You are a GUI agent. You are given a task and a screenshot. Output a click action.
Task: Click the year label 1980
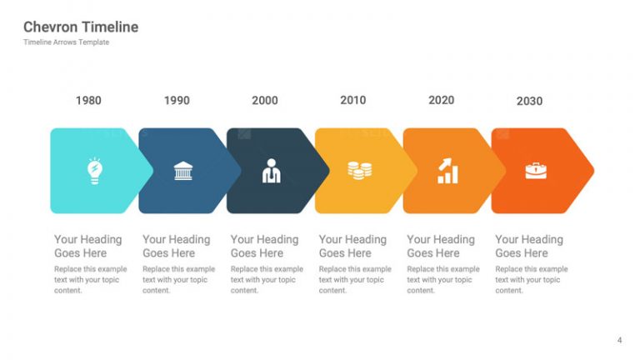pyautogui.click(x=88, y=100)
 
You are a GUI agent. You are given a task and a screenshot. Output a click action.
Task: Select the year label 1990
pyautogui.click(x=177, y=100)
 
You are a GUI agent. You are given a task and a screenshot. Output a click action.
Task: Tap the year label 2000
pyautogui.click(x=265, y=100)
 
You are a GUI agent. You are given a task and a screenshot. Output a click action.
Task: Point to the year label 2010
pyautogui.click(x=353, y=100)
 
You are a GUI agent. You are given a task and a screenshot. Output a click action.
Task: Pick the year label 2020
pyautogui.click(x=441, y=100)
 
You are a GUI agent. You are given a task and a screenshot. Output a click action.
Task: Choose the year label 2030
pyautogui.click(x=529, y=101)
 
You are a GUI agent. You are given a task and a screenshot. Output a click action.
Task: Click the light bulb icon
pyautogui.click(x=95, y=171)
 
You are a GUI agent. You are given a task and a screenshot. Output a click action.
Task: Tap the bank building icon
pyautogui.click(x=182, y=171)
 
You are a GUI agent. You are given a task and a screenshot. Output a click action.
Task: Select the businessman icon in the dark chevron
pyautogui.click(x=271, y=171)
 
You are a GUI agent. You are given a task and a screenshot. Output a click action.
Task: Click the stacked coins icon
pyautogui.click(x=360, y=171)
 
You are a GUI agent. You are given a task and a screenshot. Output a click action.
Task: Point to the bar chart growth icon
pyautogui.click(x=447, y=171)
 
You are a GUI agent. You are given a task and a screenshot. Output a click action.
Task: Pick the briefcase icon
pyautogui.click(x=536, y=171)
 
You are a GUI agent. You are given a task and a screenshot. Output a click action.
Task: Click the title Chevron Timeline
pyautogui.click(x=81, y=27)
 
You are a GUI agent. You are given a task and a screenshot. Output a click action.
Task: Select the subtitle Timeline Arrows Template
pyautogui.click(x=66, y=42)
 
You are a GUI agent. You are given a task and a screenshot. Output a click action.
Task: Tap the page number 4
pyautogui.click(x=620, y=340)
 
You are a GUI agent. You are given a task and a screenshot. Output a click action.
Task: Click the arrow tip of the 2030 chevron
pyautogui.click(x=593, y=171)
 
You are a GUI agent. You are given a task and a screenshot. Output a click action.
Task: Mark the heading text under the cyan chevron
pyautogui.click(x=88, y=246)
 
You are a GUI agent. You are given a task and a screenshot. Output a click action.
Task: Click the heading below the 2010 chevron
pyautogui.click(x=352, y=246)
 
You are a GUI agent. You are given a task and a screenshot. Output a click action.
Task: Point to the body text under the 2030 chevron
pyautogui.click(x=532, y=280)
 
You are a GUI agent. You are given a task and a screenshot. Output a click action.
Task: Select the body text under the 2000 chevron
pyautogui.click(x=267, y=280)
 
